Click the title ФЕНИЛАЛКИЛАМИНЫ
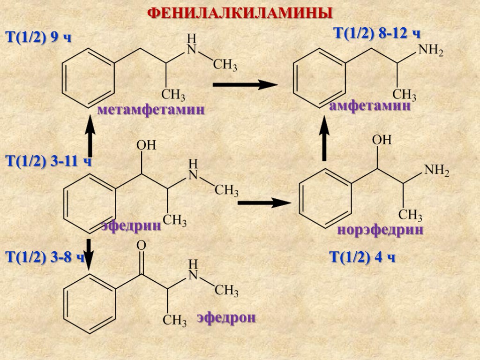(240, 13)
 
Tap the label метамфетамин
(151, 111)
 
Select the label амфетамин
(370, 106)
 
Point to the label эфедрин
(132, 226)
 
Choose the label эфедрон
(226, 317)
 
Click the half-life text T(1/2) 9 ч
(38, 37)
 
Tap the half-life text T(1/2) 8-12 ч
(376, 34)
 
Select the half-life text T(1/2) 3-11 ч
(47, 162)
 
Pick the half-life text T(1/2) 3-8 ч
(45, 257)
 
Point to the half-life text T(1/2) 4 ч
(363, 257)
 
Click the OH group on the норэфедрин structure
(381, 140)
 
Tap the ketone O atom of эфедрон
(141, 246)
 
